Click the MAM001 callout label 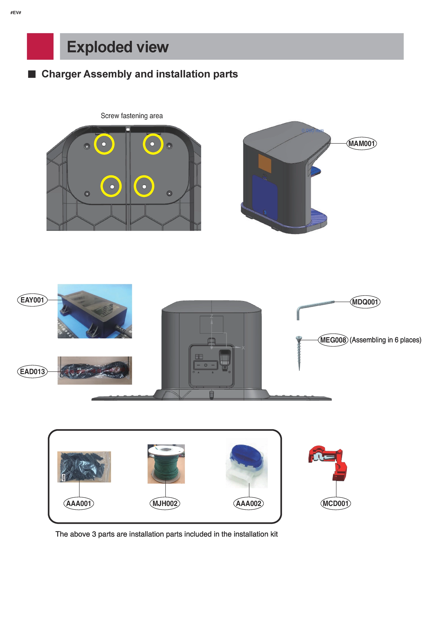(361, 143)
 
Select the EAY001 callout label (32, 300)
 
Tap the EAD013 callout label (32, 372)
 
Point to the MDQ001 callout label (365, 302)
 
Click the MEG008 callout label (333, 340)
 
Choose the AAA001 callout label (78, 503)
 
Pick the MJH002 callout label (165, 503)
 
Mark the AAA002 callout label (248, 503)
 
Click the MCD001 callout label (336, 503)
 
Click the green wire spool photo (166, 464)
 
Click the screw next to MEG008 (299, 353)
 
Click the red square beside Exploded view (40, 46)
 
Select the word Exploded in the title (99, 47)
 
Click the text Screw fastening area (132, 116)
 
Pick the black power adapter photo (95, 311)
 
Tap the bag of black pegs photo (84, 467)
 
